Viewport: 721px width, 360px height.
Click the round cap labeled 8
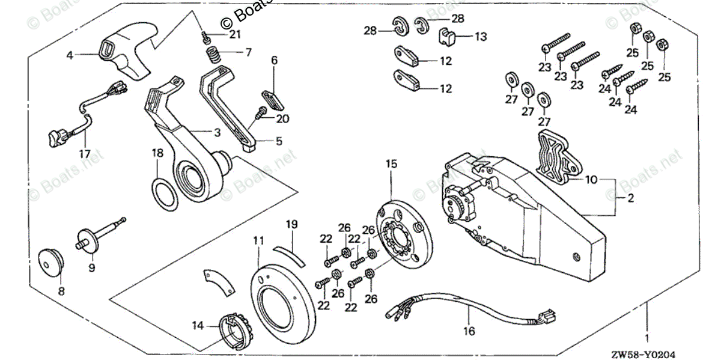click(50, 263)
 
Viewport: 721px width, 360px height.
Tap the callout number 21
click(234, 34)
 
